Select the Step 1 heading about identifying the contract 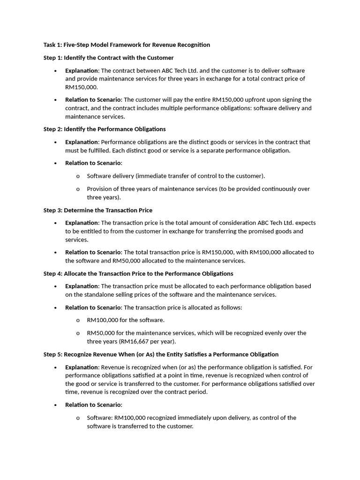(x=108, y=58)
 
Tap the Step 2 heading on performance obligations (x=105, y=129)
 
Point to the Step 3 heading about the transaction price (x=97, y=210)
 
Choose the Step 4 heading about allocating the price (x=138, y=274)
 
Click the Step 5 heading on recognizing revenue (x=161, y=354)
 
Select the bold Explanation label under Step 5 (x=82, y=367)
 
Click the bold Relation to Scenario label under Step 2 (x=93, y=163)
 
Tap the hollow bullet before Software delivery (x=78, y=176)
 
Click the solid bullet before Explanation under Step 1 (x=55, y=71)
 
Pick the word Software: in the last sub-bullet (x=99, y=418)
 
